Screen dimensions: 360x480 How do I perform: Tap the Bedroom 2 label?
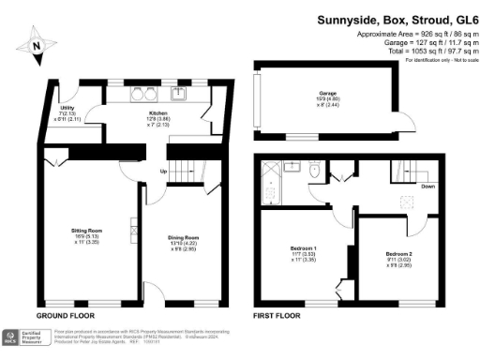[399, 258]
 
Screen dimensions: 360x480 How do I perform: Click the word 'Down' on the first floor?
[427, 185]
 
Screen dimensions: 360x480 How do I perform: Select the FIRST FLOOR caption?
[277, 316]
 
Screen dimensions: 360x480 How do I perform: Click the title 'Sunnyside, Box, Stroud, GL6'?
[397, 19]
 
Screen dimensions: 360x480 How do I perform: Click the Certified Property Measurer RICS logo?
[26, 338]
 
